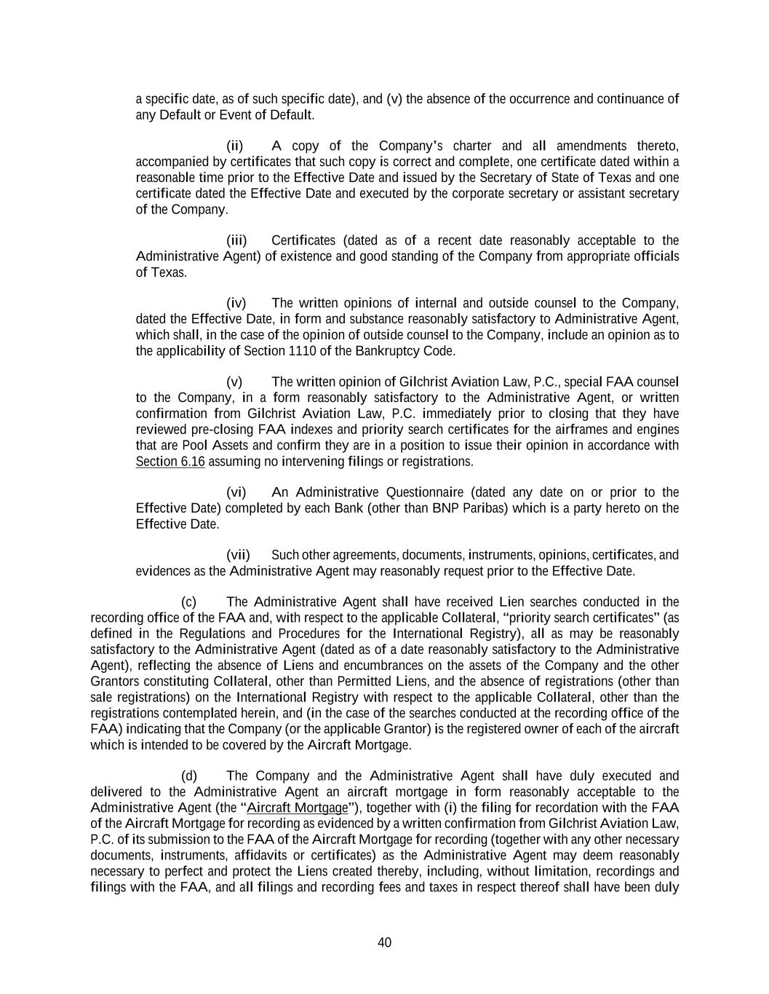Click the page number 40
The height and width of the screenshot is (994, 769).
[x=384, y=942]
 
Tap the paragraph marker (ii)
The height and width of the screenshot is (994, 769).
[x=235, y=146]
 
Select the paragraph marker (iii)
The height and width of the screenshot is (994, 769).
[x=236, y=240]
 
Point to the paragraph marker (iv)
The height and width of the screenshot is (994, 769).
[x=236, y=303]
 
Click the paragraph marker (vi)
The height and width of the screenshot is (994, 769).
[x=236, y=492]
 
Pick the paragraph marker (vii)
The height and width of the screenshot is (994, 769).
[x=238, y=555]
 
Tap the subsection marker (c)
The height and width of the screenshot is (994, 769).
[x=188, y=601]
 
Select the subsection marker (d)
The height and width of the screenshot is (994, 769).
[x=188, y=776]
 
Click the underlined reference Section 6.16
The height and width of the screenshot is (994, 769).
[x=170, y=462]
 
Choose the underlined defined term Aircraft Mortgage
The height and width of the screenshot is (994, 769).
[x=298, y=808]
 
